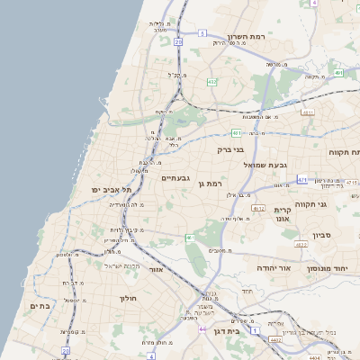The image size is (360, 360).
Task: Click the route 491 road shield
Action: [337, 73]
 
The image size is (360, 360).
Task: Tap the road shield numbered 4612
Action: [258, 209]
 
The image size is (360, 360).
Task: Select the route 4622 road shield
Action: [301, 243]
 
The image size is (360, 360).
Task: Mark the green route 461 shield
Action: [190, 238]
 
